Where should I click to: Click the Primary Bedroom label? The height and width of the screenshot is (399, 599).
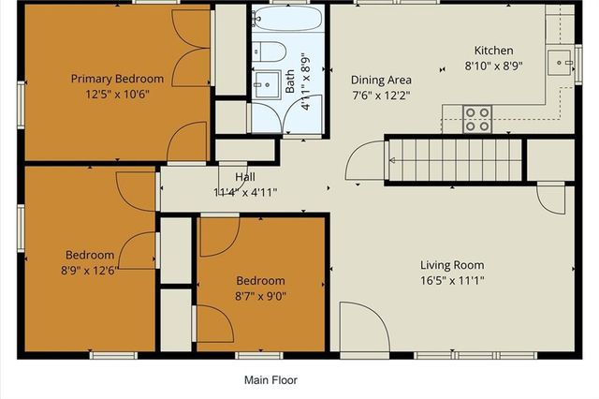(x=117, y=79)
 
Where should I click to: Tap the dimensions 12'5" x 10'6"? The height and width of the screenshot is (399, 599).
(x=117, y=94)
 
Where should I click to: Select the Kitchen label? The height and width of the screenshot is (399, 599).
(x=493, y=51)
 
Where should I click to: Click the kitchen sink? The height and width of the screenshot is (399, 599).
(x=564, y=63)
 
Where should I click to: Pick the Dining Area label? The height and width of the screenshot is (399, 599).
(x=380, y=80)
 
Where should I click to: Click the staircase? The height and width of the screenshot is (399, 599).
(x=454, y=159)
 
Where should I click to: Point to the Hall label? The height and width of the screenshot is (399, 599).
(x=245, y=177)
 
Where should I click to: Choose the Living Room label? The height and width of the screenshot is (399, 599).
(x=451, y=264)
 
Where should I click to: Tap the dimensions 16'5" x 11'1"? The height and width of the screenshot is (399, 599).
(x=451, y=280)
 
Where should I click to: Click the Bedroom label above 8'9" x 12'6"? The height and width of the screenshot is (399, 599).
(x=90, y=255)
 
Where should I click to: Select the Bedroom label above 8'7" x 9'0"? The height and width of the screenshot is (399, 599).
(x=260, y=280)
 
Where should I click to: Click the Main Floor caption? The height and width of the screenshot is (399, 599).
(x=270, y=380)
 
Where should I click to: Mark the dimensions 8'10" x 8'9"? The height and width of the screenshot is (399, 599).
(x=493, y=66)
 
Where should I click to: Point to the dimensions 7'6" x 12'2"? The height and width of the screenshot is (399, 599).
(x=380, y=95)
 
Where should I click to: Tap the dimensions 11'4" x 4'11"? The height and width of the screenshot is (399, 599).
(x=245, y=192)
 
